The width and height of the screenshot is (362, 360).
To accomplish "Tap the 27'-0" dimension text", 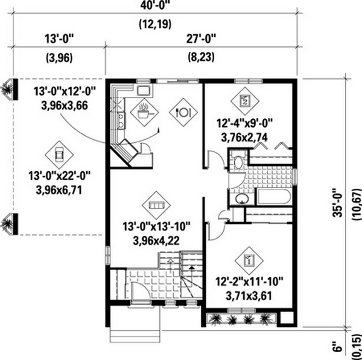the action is tap(201, 39).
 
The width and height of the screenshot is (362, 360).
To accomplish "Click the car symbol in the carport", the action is tap(59, 154).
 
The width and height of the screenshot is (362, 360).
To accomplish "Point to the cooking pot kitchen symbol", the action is tap(144, 112).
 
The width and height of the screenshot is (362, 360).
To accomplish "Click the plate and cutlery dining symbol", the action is tap(183, 112).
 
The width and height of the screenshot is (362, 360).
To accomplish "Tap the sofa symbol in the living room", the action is tap(156, 205).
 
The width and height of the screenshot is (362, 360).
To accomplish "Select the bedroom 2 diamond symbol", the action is tap(245, 101).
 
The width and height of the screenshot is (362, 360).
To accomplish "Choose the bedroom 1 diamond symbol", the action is tap(249, 261).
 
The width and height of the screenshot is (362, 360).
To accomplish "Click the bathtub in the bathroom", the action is tap(274, 197).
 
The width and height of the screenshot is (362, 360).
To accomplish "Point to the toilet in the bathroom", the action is tap(238, 160).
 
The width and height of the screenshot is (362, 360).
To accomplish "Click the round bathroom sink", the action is tap(242, 198).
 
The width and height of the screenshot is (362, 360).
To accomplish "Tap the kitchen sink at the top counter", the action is tap(144, 90).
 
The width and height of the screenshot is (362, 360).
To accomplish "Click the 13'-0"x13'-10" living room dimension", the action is tap(156, 226).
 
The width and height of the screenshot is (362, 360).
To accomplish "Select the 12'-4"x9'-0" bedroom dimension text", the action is tap(245, 123).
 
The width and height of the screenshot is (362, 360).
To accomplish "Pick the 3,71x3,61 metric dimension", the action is tap(249, 296).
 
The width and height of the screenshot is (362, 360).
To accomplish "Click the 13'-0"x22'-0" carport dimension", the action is tap(59, 176).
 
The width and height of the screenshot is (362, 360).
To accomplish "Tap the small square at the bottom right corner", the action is tap(286, 318).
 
